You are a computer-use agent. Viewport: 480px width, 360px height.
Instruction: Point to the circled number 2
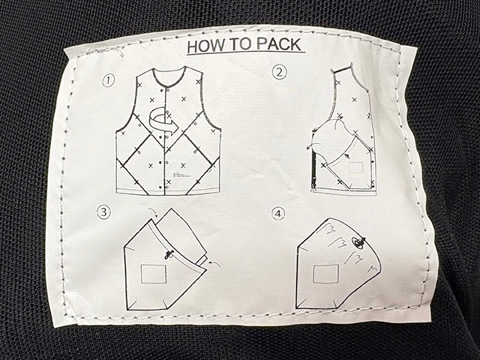(x=280, y=73)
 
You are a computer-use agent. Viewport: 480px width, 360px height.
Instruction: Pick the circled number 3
(x=103, y=211)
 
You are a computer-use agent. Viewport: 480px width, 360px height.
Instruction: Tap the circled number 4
(x=279, y=214)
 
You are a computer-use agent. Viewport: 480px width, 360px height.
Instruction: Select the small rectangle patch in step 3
(x=154, y=274)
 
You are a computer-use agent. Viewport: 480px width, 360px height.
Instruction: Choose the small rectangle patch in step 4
(x=325, y=274)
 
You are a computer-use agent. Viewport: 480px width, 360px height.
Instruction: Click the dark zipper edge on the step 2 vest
(x=312, y=161)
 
